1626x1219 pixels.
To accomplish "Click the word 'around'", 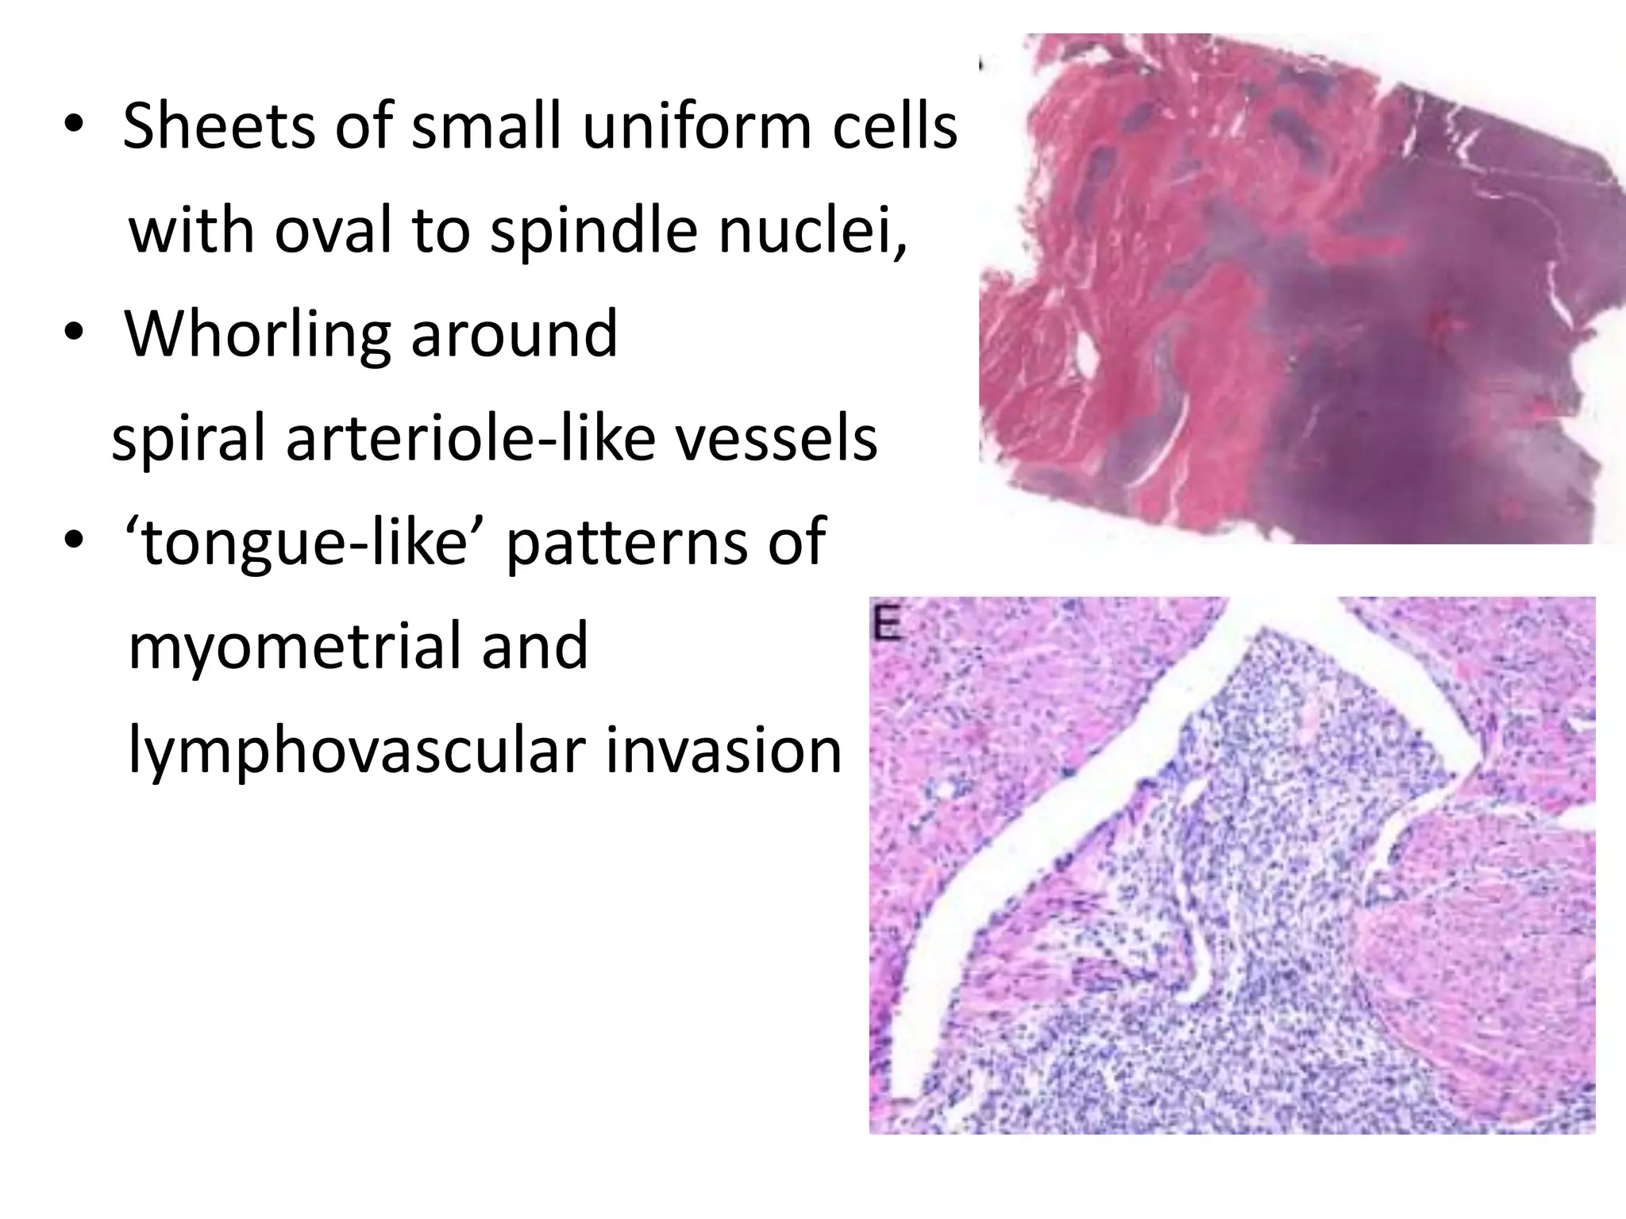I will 514,335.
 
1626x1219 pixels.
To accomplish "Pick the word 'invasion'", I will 723,751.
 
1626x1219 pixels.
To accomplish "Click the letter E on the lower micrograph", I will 887,626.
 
